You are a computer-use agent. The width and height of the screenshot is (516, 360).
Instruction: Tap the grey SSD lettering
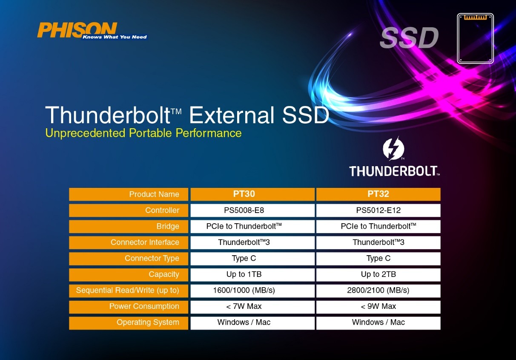pyautogui.click(x=409, y=37)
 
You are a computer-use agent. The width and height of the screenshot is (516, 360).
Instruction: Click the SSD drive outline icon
pyautogui.click(x=476, y=38)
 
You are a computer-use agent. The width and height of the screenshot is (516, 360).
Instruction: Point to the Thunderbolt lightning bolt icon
pyautogui.click(x=393, y=149)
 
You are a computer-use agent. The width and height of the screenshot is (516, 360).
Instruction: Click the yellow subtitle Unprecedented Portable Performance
pyautogui.click(x=143, y=133)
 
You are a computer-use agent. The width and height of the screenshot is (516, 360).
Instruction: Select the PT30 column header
pyautogui.click(x=252, y=194)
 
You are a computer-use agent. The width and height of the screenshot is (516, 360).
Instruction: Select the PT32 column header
pyautogui.click(x=378, y=194)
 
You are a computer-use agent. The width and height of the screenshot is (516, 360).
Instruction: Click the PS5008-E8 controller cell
pyautogui.click(x=252, y=210)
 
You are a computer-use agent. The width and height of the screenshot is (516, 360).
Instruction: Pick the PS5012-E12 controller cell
pyautogui.click(x=378, y=210)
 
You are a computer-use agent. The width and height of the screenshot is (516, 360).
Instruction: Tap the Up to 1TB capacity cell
pyautogui.click(x=252, y=274)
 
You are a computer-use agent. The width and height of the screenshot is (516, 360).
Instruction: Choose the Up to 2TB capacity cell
pyautogui.click(x=378, y=274)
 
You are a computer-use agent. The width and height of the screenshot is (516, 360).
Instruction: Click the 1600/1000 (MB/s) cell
pyautogui.click(x=252, y=291)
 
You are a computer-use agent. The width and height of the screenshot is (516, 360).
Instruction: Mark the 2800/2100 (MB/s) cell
pyautogui.click(x=378, y=291)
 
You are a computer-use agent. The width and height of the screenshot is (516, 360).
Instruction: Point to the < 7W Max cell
pyautogui.click(x=252, y=306)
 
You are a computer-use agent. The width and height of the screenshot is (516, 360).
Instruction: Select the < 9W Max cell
pyautogui.click(x=378, y=306)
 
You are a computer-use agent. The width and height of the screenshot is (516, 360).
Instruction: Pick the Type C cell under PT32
pyautogui.click(x=378, y=258)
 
